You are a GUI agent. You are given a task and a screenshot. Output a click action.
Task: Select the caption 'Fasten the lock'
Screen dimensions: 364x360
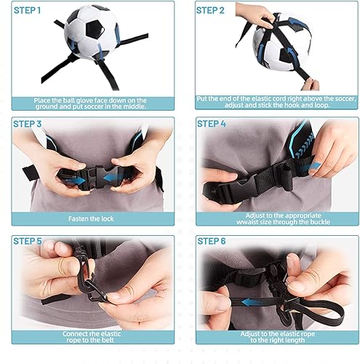[x=92, y=218]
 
